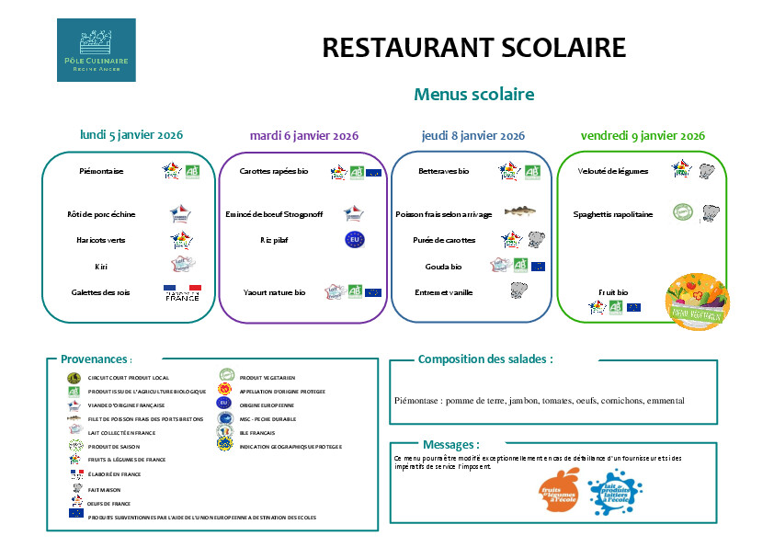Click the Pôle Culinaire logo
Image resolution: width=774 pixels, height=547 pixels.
[x=96, y=50]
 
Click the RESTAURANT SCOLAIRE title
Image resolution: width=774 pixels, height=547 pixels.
[x=473, y=48]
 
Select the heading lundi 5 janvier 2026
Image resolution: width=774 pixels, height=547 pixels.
[x=131, y=134]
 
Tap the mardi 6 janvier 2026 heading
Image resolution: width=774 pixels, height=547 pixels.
[x=303, y=135]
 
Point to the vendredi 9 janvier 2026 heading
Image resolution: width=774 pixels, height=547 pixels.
[x=643, y=135]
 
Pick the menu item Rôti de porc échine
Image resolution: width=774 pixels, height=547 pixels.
[x=101, y=214]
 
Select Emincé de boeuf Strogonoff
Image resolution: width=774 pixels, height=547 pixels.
[x=274, y=214]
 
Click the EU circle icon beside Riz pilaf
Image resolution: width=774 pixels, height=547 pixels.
[x=355, y=240]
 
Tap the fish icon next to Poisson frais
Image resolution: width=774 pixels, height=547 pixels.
[x=519, y=212]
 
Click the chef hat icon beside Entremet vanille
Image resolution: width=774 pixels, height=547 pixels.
[x=518, y=291]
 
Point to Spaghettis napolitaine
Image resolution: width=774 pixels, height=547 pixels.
[x=613, y=214]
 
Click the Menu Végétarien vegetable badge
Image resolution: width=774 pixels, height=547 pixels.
[x=697, y=302]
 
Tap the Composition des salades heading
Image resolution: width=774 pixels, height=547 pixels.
[x=485, y=359]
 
